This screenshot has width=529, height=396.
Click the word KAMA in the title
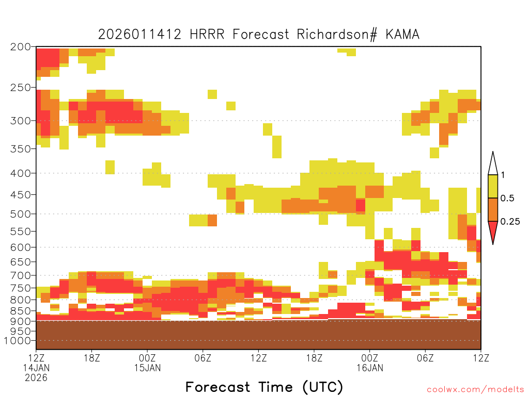[402, 35]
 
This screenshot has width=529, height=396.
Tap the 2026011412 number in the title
[139, 35]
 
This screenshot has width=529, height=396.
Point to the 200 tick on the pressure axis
[20, 47]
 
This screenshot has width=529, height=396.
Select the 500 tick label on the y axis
[20, 214]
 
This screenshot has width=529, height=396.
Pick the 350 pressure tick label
[20, 149]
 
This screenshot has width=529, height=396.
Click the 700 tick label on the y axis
[20, 276]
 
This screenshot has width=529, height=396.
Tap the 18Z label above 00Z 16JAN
[314, 358]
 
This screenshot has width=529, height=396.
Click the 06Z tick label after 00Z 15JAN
[203, 358]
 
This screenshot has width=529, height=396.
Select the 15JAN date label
[147, 368]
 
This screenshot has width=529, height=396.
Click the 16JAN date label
[370, 368]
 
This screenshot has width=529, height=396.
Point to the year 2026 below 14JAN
[36, 378]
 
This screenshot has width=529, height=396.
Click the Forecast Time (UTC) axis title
[264, 387]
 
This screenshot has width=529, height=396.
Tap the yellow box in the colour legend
[493, 186]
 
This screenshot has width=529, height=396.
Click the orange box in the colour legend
[493, 209]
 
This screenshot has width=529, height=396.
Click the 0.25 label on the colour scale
[510, 222]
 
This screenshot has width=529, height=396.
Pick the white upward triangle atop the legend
[493, 163]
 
